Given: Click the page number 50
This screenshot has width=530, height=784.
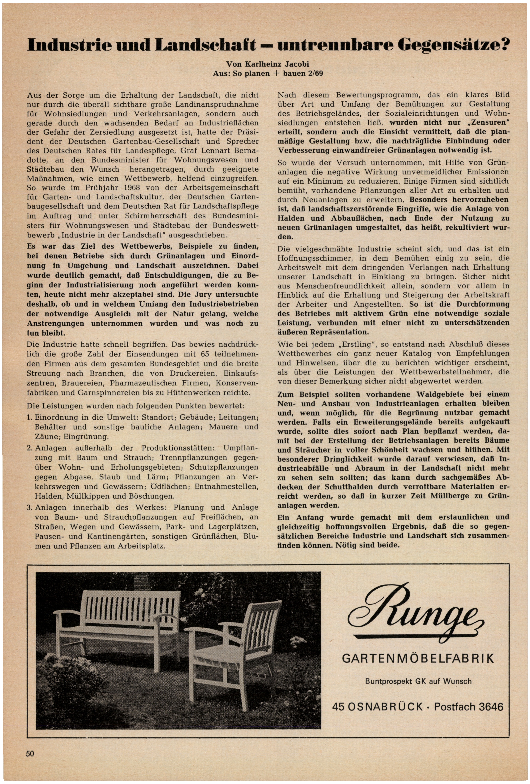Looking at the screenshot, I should click(x=30, y=753).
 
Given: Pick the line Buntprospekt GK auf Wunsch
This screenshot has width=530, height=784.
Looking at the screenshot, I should click(x=418, y=681).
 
